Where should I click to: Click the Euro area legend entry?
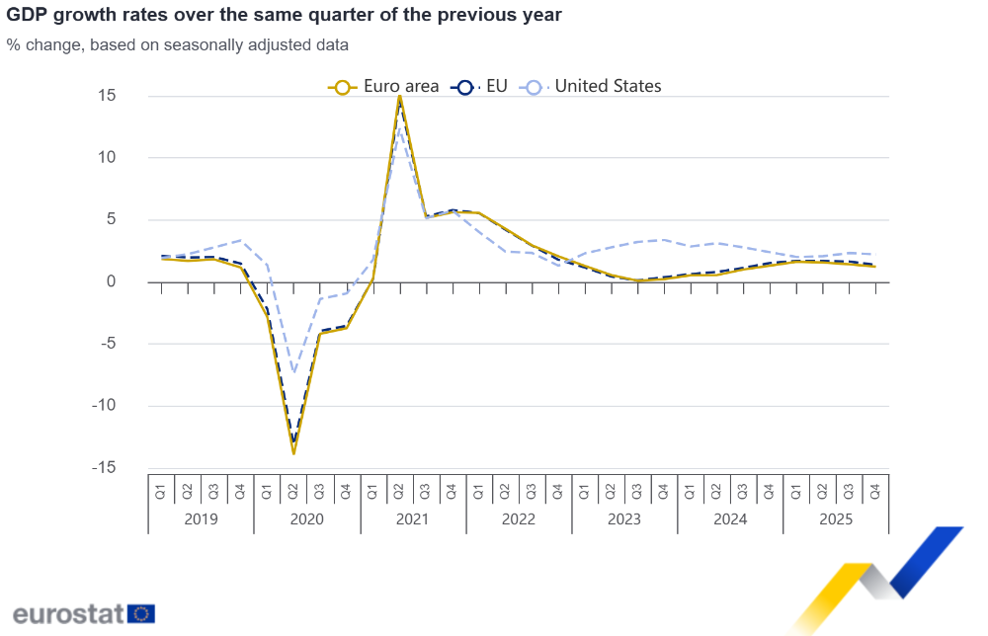[x=385, y=86]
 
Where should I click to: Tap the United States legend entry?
[x=595, y=86]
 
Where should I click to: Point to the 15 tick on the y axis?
[x=107, y=96]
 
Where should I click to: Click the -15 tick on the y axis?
[x=104, y=467]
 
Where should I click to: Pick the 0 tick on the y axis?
[x=111, y=281]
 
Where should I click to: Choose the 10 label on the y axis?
[x=107, y=157]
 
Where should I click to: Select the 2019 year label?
[x=201, y=519]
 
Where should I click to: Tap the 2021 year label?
[x=413, y=519]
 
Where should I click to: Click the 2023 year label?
[x=624, y=519]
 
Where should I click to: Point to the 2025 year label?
[x=836, y=519]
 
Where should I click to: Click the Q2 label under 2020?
[x=293, y=490]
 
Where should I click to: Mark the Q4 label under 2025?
[x=875, y=490]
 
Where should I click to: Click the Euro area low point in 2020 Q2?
[x=293, y=453]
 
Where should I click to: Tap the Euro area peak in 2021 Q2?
[x=399, y=96]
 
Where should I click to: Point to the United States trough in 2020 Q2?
[x=293, y=372]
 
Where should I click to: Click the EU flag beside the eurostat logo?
[x=141, y=613]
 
